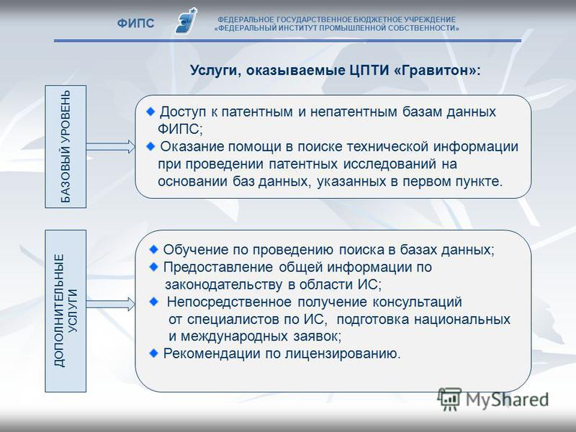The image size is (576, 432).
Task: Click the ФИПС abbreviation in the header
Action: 135,23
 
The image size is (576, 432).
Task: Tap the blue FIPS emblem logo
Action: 186,21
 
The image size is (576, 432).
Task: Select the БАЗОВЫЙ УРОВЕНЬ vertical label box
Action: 66,147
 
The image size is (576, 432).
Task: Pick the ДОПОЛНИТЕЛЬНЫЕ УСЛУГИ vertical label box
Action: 66,311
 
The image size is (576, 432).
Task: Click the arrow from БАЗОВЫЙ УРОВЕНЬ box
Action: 111,147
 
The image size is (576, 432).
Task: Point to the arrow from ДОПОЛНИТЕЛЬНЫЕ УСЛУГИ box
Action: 111,304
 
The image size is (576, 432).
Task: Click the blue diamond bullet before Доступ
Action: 150,112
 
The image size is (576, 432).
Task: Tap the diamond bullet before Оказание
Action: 150,147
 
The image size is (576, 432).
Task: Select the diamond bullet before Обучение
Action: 154,250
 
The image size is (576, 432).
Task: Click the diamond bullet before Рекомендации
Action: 154,354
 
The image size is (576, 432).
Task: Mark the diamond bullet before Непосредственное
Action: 154,302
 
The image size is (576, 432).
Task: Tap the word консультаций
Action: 418,302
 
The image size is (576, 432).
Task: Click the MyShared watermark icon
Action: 449,400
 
